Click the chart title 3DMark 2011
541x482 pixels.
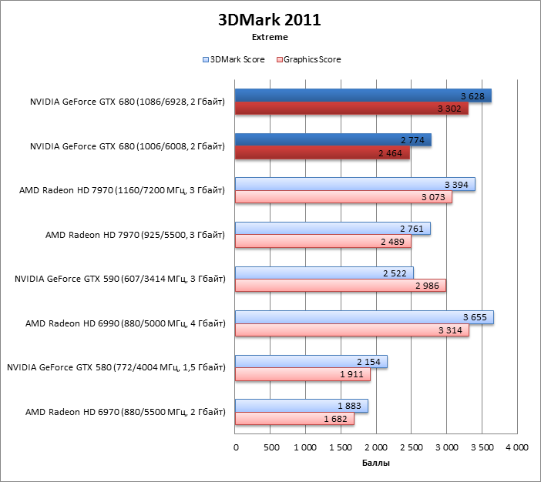270,19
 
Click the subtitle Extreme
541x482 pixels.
270,36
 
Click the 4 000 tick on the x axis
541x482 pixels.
516,447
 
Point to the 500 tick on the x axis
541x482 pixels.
270,447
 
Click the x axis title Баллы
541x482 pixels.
375,464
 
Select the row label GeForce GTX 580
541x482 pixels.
116,368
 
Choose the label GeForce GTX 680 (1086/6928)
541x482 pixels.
127,102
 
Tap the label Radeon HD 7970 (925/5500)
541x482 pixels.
135,235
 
